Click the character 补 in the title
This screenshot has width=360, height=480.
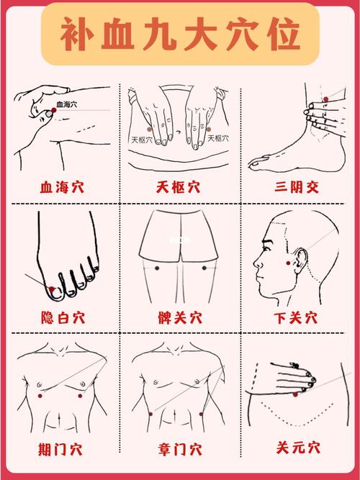[x=80, y=34]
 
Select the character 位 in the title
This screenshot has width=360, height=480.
[x=280, y=34]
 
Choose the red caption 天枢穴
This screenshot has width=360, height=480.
[x=178, y=188]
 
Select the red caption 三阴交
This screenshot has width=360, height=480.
[x=296, y=188]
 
